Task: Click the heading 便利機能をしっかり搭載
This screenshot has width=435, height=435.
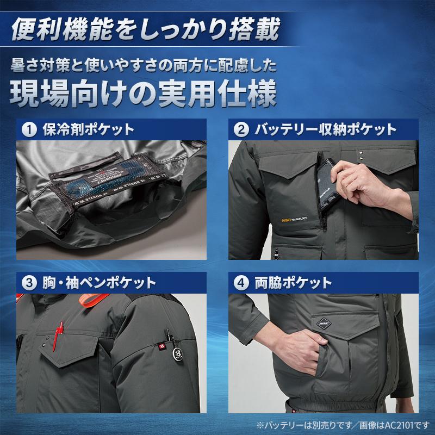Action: click(146, 30)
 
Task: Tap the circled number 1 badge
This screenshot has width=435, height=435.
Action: click(29, 130)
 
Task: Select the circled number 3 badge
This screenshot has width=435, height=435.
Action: click(29, 283)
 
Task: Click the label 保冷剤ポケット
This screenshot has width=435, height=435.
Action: click(88, 130)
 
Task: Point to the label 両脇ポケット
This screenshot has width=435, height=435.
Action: click(293, 283)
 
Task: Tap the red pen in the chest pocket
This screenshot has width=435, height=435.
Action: click(59, 332)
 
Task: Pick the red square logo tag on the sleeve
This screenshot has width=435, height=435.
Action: click(161, 345)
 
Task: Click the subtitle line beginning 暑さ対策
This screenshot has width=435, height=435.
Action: click(143, 66)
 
